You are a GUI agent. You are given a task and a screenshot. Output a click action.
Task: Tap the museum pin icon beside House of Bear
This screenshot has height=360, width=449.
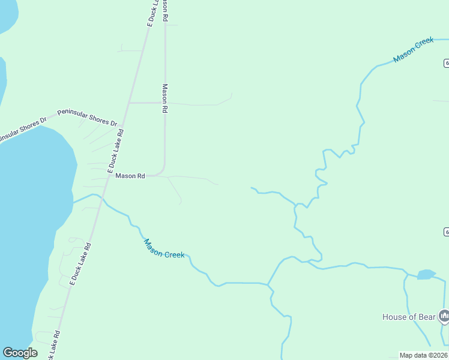click(444, 315)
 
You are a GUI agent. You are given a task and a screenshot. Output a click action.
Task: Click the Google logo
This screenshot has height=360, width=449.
click(20, 353)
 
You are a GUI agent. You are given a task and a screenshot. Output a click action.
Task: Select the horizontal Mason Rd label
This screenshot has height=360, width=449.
click(130, 176)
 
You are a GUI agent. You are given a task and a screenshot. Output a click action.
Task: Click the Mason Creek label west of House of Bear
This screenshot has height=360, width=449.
click(164, 247)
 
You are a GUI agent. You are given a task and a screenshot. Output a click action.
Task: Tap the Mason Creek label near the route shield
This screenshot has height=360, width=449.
click(414, 50)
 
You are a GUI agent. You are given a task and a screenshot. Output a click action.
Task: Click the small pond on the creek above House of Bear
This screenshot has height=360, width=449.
click(426, 274)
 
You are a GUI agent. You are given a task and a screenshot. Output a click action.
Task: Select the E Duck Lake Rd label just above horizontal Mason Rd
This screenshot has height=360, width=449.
click(115, 152)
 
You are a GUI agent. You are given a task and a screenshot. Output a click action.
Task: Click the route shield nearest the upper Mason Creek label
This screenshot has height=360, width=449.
click(446, 63)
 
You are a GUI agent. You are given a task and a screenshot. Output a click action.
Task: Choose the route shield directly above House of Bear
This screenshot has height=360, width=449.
click(446, 232)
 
